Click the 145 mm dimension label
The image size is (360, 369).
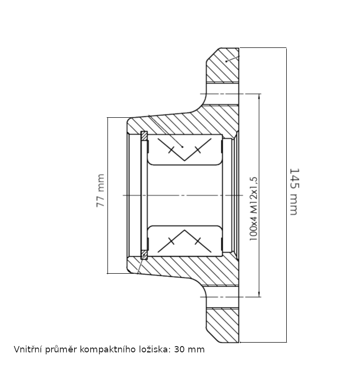[x=294, y=192]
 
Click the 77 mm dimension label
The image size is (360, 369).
[x=101, y=191]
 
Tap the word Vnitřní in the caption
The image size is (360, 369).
[x=27, y=349]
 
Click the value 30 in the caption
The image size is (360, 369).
[x=179, y=349]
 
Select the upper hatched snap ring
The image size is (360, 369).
[x=144, y=135]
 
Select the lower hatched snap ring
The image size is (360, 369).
[x=144, y=255]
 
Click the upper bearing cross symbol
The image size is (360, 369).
[x=184, y=149]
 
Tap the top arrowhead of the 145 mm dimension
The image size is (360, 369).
[x=286, y=50]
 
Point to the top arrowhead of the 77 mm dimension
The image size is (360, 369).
[x=107, y=120]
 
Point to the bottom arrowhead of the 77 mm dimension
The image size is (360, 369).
[x=107, y=270]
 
